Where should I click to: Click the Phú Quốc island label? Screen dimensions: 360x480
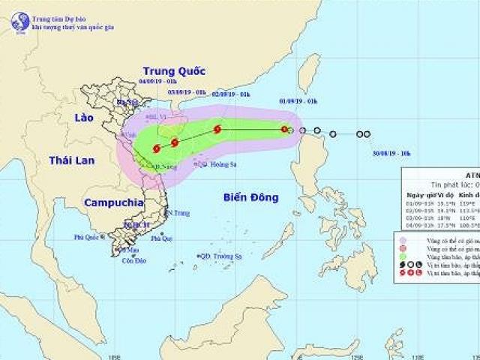[87, 237]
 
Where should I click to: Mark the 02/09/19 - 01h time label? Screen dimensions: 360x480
[228, 94]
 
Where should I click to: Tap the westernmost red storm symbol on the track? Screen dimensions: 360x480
[157, 148]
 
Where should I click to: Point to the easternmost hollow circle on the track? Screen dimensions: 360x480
[367, 134]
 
